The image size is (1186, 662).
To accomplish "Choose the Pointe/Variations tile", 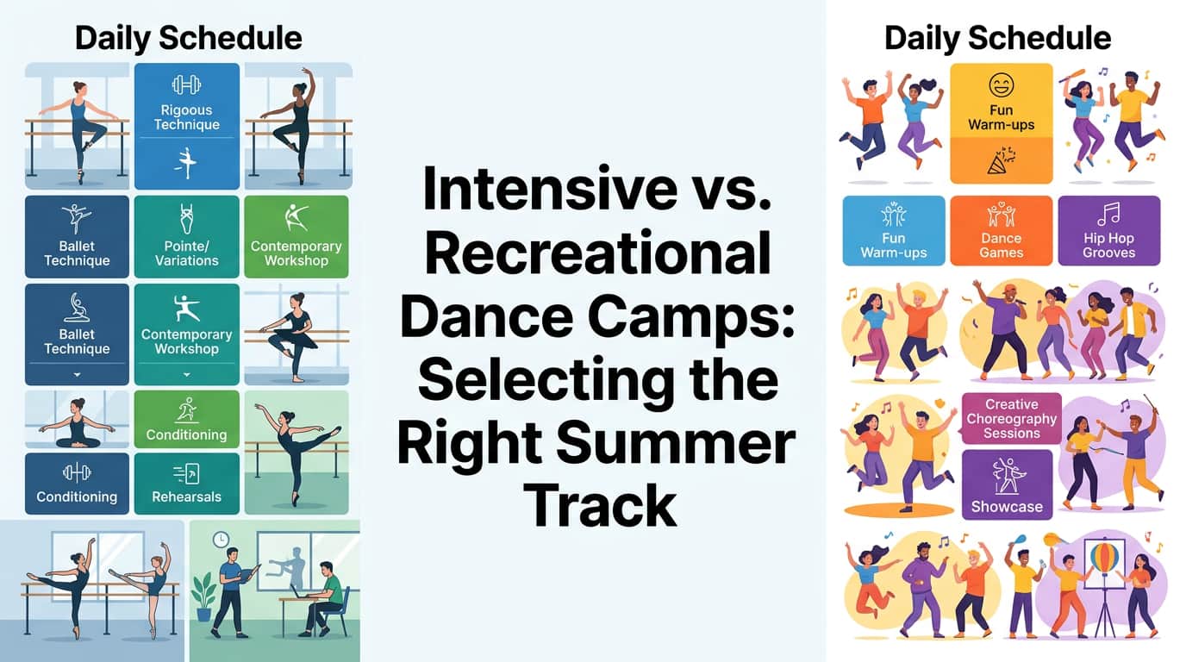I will coord(186,236).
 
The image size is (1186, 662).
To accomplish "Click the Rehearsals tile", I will coord(186,484).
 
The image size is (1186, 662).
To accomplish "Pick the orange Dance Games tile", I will coord(1001,230).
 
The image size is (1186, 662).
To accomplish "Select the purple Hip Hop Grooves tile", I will coord(1108,230).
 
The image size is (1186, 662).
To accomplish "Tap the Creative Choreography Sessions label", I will coord(1011,418).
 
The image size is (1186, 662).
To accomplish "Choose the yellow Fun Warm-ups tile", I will coord(1001,122).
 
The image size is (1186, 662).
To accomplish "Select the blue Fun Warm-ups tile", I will coord(893,230).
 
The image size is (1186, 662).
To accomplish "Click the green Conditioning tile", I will coord(186,419).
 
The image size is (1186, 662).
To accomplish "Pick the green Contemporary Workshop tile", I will coord(296,236).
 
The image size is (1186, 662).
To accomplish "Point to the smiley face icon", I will coord(1002,84).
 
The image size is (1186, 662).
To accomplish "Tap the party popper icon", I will coord(1002,160).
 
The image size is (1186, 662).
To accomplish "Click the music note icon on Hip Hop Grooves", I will coord(1108,213).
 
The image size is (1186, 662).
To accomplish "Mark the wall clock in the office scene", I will coord(221,540).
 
